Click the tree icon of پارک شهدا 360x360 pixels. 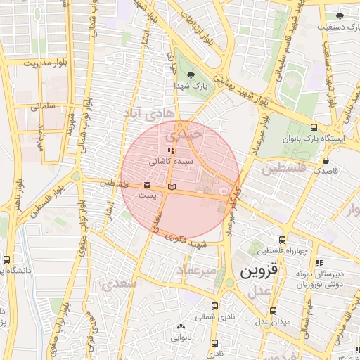[x=191, y=75]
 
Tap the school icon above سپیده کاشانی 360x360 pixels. [x=169, y=150]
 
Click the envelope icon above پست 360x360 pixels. [x=146, y=184]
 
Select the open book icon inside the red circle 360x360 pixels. [x=172, y=187]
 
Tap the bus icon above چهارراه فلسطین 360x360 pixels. [x=282, y=240]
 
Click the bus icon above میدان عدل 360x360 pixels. [x=274, y=311]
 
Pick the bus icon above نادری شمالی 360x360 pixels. [x=214, y=306]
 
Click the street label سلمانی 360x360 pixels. [x=43, y=108]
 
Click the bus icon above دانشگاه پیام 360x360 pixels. [x=7, y=259]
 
